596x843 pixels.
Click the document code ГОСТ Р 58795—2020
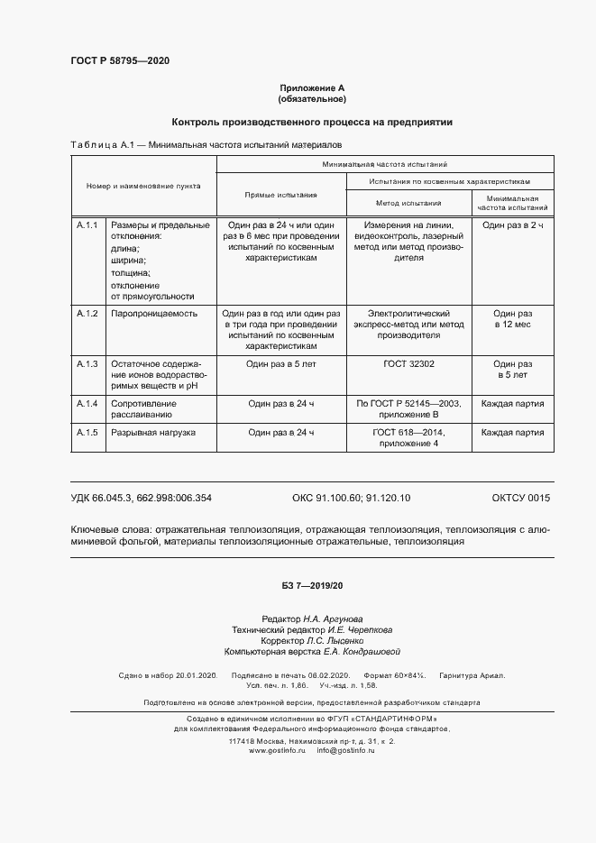click(x=120, y=61)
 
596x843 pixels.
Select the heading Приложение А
click(x=312, y=87)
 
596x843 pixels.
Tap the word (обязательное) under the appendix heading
click(x=312, y=98)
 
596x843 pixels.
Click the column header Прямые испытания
click(x=281, y=195)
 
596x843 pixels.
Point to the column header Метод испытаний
click(x=408, y=204)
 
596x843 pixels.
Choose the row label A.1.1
click(x=87, y=224)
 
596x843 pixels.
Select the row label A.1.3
click(x=87, y=363)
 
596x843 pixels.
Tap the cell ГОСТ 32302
click(x=408, y=363)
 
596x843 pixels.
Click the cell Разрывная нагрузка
click(x=152, y=433)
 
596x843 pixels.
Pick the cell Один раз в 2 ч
click(x=512, y=224)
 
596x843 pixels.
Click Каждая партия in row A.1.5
click(x=512, y=433)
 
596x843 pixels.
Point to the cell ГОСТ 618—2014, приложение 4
click(x=408, y=438)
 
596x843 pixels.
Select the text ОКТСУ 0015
click(x=520, y=498)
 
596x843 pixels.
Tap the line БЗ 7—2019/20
click(x=312, y=586)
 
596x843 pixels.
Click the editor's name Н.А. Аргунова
click(x=333, y=619)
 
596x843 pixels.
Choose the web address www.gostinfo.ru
click(x=278, y=750)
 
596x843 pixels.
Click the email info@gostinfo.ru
click(x=345, y=750)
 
